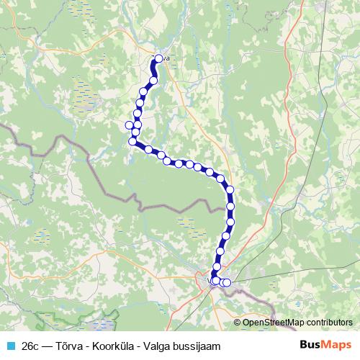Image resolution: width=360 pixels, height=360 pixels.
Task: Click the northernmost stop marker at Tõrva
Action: tap(158, 59)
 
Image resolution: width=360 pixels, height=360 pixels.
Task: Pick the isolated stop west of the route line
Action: tap(129, 125)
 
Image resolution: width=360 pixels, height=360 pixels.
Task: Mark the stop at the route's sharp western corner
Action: tap(132, 142)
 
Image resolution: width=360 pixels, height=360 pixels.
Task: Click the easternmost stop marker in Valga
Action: tap(228, 283)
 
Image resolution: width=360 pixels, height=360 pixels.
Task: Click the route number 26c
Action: tap(31, 346)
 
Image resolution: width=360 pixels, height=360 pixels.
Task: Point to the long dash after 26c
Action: tap(49, 346)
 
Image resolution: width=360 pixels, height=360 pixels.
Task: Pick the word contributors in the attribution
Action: tap(331, 323)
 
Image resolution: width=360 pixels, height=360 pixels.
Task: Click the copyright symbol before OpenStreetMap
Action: tap(238, 323)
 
